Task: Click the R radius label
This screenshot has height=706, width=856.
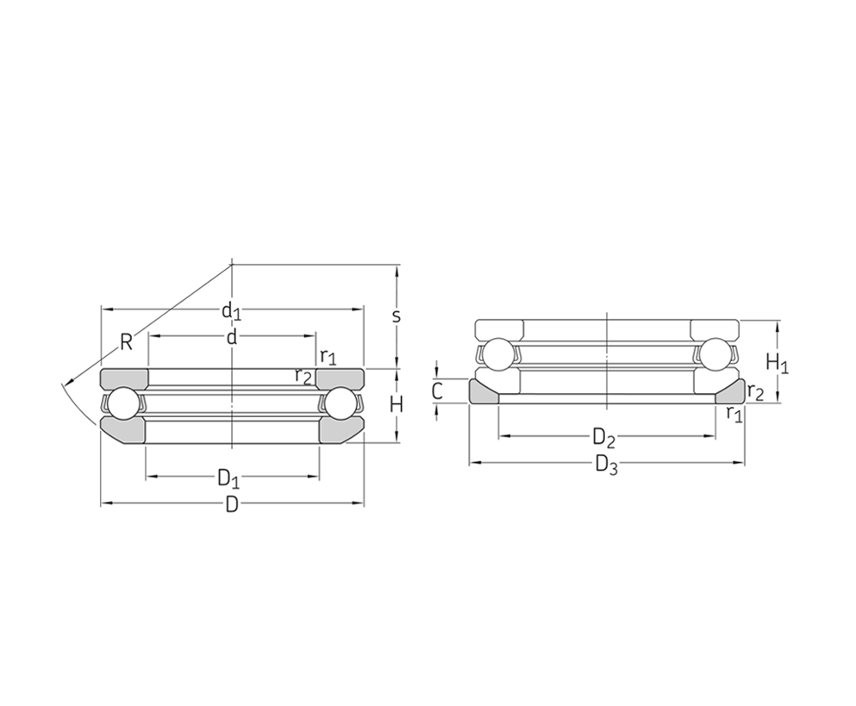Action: pos(126,342)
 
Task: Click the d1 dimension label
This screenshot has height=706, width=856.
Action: pos(231,310)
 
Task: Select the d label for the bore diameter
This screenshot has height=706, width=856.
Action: pos(232,337)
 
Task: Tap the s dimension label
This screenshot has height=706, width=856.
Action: pos(397,316)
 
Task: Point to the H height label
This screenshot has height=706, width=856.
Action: pos(397,404)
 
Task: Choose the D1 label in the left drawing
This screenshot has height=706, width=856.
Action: pos(228,478)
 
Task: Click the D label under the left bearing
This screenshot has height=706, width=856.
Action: pos(232,504)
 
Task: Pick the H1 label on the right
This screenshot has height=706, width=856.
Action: pos(777,363)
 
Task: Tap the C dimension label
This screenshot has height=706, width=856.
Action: pos(437,391)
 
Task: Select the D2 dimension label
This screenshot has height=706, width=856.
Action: pos(604,438)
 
